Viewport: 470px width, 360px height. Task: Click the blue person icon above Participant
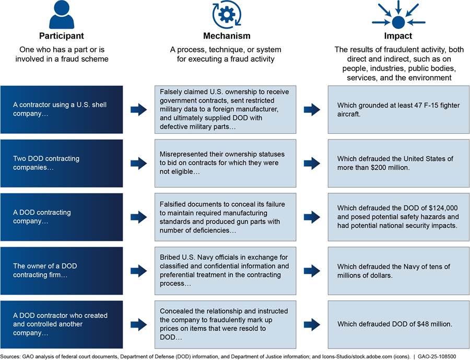62,15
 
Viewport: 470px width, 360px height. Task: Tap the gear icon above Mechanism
226,15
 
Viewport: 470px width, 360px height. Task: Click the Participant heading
62,36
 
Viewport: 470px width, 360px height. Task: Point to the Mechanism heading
226,36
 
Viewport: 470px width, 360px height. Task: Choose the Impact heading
398,36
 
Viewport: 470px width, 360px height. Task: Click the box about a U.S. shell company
62,109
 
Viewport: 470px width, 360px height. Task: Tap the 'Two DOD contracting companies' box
62,163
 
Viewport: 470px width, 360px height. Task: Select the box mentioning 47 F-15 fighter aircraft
398,109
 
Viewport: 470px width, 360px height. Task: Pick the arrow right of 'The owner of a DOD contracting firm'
139,271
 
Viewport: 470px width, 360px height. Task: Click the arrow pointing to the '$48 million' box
312,324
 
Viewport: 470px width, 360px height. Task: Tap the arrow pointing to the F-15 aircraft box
312,109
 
